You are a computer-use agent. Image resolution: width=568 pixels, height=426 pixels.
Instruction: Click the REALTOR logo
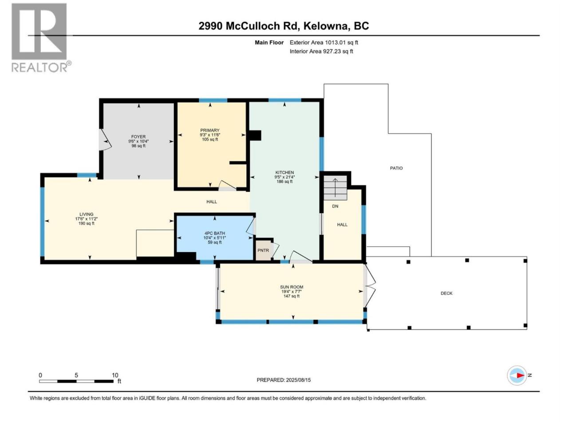pos(41,38)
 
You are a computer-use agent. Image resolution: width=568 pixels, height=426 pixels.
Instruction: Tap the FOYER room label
pos(138,137)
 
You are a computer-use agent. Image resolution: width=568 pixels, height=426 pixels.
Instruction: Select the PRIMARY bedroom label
pos(210,130)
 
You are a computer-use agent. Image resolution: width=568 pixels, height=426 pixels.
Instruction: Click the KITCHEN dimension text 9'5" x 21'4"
pos(284,177)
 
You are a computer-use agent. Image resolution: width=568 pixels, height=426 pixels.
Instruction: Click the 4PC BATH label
pos(215,233)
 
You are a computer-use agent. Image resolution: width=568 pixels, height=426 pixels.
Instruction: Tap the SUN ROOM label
pos(292,287)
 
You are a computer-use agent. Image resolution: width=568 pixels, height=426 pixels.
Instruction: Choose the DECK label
pos(447,293)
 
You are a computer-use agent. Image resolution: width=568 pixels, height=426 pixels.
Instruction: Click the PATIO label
pos(396,168)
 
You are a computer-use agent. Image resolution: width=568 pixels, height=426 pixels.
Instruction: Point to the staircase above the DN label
pos(335,188)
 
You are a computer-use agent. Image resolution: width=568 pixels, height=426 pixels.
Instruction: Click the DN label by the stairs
pos(335,206)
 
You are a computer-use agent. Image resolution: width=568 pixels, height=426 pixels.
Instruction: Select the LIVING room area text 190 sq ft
pos(87,223)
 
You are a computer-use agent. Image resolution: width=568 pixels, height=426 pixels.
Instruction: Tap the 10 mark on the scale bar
pos(115,375)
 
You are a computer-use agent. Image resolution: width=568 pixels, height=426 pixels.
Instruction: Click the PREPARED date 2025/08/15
pos(298,380)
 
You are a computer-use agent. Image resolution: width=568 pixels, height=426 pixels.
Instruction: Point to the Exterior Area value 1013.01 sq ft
pos(342,43)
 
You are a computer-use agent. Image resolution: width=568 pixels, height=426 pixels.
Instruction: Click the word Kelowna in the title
pos(325,26)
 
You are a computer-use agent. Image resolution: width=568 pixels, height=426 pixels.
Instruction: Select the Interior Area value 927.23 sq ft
pos(338,51)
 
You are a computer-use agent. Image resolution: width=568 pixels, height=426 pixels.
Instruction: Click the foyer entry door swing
pos(105,140)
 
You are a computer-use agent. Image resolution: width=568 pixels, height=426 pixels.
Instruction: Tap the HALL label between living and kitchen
pos(212,202)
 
